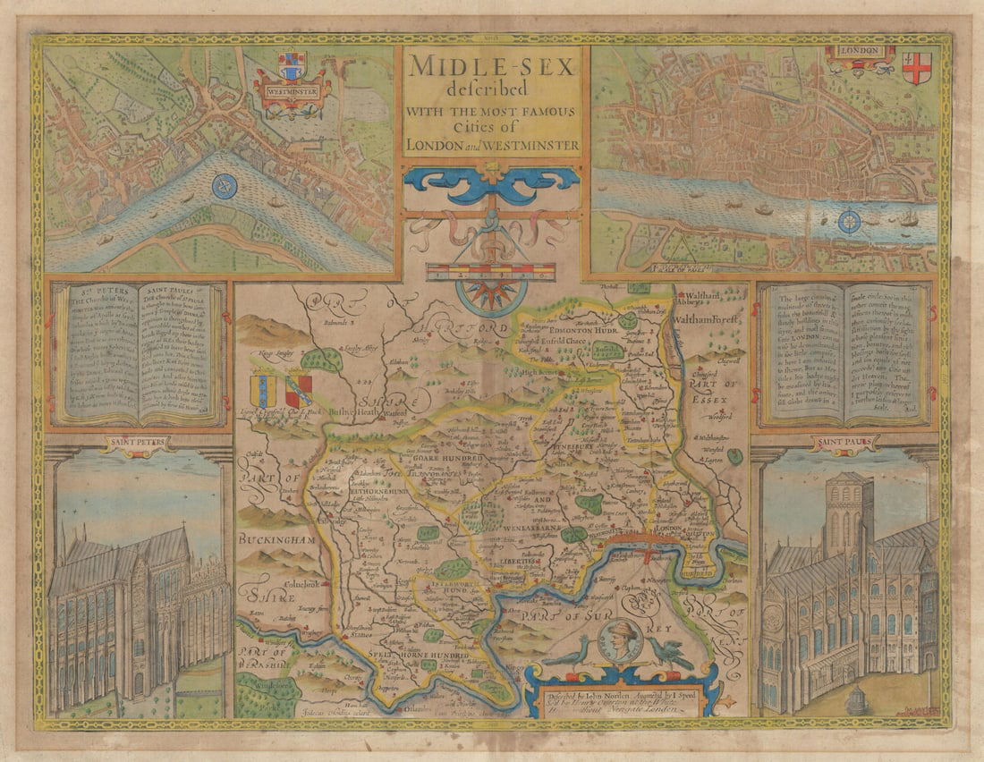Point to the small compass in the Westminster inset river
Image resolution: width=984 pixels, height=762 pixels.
point(225,186)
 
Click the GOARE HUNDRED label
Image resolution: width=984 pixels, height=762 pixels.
point(447,458)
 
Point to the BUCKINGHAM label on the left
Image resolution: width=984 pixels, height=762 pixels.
point(276,540)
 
